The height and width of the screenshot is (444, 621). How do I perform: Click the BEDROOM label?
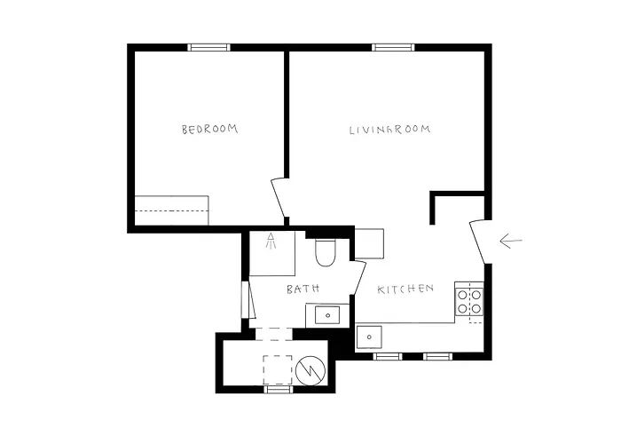click(x=210, y=130)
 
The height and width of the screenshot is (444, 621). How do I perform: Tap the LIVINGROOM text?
click(x=389, y=130)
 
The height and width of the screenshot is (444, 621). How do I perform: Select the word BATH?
click(x=303, y=289)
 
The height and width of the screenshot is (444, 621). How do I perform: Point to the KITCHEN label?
click(x=405, y=289)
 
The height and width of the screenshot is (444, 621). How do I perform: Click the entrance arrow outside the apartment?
click(x=511, y=241)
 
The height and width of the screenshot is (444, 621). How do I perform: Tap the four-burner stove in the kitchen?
click(x=468, y=301)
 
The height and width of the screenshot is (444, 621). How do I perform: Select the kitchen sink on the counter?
click(x=368, y=337)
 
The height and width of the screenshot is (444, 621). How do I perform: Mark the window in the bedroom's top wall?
click(x=208, y=47)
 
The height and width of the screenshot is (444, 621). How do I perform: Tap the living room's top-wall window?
click(x=393, y=47)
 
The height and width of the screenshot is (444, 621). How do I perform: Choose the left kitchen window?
click(x=387, y=356)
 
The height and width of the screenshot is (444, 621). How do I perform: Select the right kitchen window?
click(x=436, y=356)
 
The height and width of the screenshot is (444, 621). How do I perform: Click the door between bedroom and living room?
click(x=279, y=201)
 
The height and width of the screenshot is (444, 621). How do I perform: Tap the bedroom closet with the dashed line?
click(x=171, y=210)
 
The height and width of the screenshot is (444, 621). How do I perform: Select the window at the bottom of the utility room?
click(x=279, y=389)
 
